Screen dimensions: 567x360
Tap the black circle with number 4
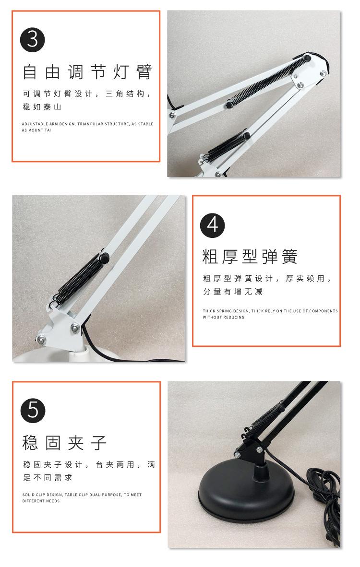pyautogui.click(x=212, y=224)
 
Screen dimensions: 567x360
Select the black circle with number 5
pyautogui.click(x=33, y=410)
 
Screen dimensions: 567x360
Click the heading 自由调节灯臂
pyautogui.click(x=88, y=72)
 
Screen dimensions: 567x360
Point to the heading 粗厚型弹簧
pyautogui.click(x=250, y=257)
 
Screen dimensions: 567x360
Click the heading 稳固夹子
pyautogui.click(x=64, y=442)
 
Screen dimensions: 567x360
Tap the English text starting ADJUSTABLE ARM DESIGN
pyautogui.click(x=87, y=127)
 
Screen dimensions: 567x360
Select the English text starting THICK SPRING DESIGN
pyautogui.click(x=270, y=314)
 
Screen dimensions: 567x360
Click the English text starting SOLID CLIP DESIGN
pyautogui.click(x=82, y=497)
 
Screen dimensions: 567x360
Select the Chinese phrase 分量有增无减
pyautogui.click(x=232, y=291)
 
